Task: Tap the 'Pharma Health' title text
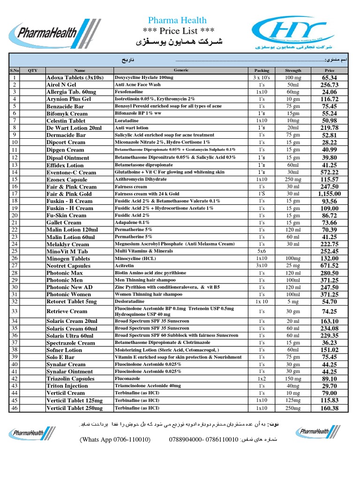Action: [177, 20]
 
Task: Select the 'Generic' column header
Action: [181, 70]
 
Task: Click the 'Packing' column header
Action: [258, 70]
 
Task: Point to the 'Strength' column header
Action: [293, 70]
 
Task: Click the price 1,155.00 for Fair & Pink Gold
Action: [329, 194]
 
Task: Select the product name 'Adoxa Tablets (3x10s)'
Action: [75, 77]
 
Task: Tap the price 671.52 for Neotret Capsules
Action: [329, 266]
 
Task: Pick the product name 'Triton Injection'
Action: [67, 386]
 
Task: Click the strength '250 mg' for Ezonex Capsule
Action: [293, 180]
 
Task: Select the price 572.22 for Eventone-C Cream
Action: [329, 172]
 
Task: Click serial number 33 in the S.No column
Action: [15, 311]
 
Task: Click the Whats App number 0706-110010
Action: [115, 440]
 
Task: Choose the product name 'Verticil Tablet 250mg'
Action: [75, 408]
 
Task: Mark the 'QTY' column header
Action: [32, 70]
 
